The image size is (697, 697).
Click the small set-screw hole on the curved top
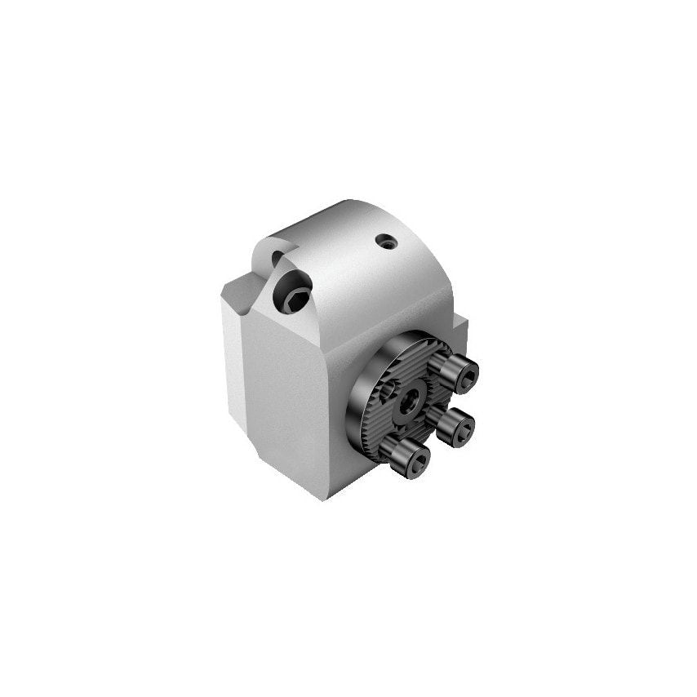click(x=385, y=242)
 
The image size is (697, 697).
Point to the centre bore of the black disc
click(x=411, y=399)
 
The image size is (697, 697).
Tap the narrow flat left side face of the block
click(x=233, y=367)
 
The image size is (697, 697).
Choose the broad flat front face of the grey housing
click(x=294, y=392)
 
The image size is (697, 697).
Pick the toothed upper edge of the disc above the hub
click(x=416, y=353)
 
